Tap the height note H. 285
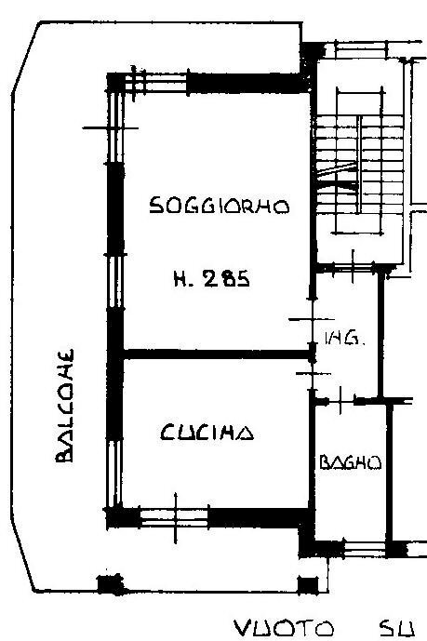[210, 276]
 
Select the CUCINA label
[206, 433]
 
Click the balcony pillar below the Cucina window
[111, 584]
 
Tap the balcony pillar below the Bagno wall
[305, 584]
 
